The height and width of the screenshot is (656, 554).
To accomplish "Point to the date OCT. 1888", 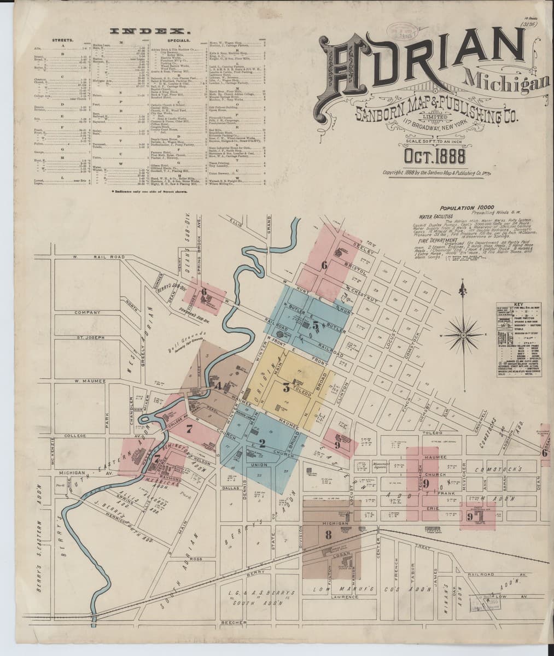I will (x=435, y=157).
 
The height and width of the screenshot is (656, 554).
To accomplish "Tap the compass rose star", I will (x=463, y=333).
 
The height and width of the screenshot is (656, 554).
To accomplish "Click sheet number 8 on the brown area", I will (x=328, y=535).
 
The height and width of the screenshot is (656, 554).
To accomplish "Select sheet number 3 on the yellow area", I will (x=286, y=389).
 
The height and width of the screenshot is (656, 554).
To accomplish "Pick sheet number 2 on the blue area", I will (x=262, y=443).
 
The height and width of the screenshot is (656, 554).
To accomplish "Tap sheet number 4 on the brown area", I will (x=217, y=386).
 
